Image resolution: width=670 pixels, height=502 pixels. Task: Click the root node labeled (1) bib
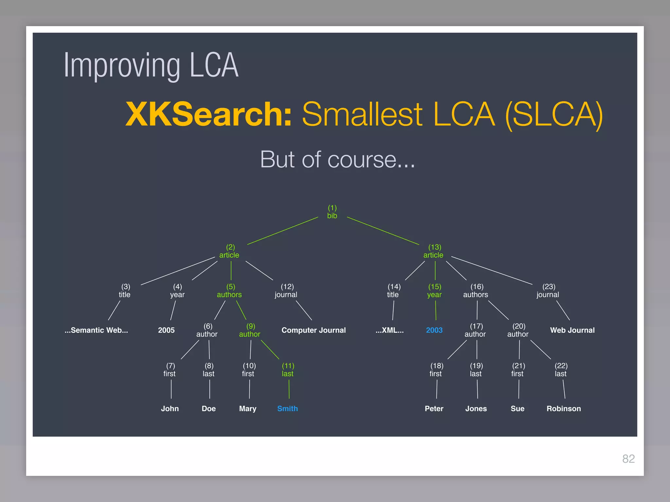332,212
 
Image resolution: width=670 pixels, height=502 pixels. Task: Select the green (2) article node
229,251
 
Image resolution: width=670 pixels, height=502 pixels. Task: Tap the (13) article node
433,251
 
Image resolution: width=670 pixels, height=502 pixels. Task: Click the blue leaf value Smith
287,409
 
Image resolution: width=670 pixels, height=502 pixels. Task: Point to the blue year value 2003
434,330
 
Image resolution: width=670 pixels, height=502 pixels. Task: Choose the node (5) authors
229,291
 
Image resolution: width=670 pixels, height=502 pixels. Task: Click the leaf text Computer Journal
313,330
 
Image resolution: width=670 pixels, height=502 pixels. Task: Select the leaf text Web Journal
572,330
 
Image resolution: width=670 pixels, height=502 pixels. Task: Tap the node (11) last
288,370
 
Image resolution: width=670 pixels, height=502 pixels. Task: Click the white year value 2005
166,330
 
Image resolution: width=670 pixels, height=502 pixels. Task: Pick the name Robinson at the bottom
564,409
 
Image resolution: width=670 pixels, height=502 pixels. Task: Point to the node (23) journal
548,291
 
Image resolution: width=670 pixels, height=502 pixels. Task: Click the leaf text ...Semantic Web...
96,330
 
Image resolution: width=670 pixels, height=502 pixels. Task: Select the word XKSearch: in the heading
208,114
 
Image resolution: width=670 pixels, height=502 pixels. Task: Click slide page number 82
628,459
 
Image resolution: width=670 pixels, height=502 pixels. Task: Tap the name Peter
434,409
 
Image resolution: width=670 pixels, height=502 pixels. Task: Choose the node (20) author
518,330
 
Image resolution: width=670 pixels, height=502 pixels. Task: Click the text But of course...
337,159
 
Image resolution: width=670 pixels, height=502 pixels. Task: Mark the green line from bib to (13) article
383,231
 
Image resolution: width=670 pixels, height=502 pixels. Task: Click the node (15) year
434,291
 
